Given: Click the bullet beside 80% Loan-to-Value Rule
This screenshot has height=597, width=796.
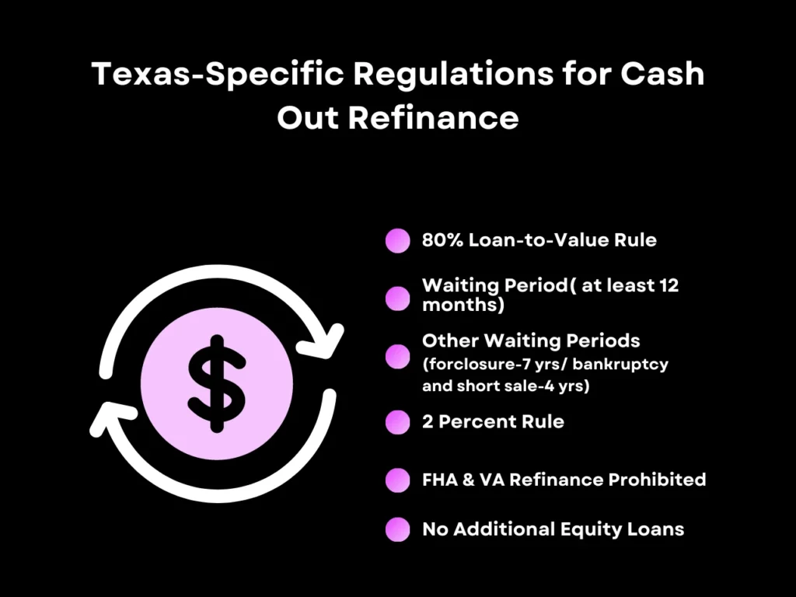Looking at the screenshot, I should tap(397, 241).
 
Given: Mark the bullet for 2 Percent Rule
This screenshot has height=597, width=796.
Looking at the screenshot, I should tap(397, 422).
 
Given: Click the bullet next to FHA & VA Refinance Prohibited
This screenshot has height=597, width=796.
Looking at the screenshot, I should tap(397, 480).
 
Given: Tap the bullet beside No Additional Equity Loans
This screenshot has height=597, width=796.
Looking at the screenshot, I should tap(397, 530).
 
